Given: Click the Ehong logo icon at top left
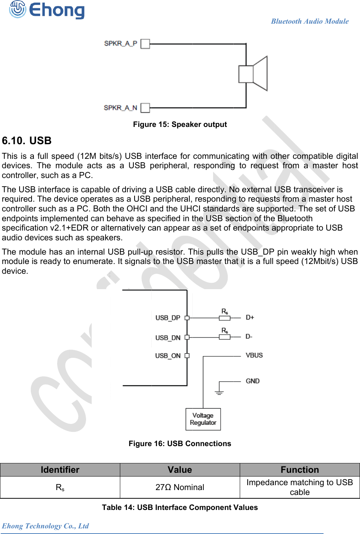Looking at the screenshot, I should tap(17, 9).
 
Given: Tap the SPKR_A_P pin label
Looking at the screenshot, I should tap(121, 43).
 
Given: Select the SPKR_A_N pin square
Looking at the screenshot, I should tap(145, 108).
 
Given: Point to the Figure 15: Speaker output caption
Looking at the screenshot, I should tap(180, 124).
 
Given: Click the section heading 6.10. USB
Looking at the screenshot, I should tap(27, 141).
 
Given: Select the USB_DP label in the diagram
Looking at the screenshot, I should tap(168, 318).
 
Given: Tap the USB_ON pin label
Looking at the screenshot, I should tap(168, 356).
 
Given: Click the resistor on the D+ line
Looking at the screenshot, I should tap(225, 318).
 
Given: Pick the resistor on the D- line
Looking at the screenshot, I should tap(225, 337).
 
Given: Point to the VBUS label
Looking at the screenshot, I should tap(254, 355).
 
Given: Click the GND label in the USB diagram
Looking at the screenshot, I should tap(253, 381).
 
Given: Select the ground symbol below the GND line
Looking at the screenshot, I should tap(219, 392).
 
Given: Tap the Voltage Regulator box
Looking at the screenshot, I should tap(203, 419).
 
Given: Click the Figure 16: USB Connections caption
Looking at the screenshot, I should tap(180, 443).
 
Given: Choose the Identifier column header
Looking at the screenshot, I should tap(60, 470).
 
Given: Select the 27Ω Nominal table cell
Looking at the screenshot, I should tap(180, 487).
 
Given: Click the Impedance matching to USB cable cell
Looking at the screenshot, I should tap(299, 487).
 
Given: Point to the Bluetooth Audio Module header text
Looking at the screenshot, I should tap(310, 21).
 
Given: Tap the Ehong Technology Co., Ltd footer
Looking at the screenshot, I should tap(45, 526).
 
